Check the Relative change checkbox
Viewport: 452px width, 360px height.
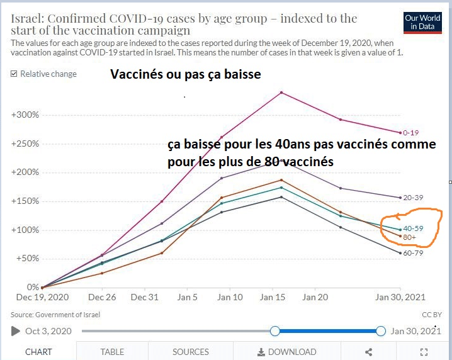14,74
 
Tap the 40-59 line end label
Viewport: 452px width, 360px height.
414,228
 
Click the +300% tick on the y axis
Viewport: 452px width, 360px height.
25,115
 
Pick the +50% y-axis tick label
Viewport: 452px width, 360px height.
27,259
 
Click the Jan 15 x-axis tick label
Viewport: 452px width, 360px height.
274,297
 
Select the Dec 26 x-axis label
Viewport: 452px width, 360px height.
102,297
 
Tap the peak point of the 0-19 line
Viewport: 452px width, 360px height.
281,93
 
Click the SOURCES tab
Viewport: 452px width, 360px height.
190,352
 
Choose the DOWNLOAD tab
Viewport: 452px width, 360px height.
287,352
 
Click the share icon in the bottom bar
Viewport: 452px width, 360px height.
369,352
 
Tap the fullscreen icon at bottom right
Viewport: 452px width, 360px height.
424,352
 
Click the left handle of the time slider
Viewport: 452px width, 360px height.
274,331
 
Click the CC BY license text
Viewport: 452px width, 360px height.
432,314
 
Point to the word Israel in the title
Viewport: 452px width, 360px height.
26,18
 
